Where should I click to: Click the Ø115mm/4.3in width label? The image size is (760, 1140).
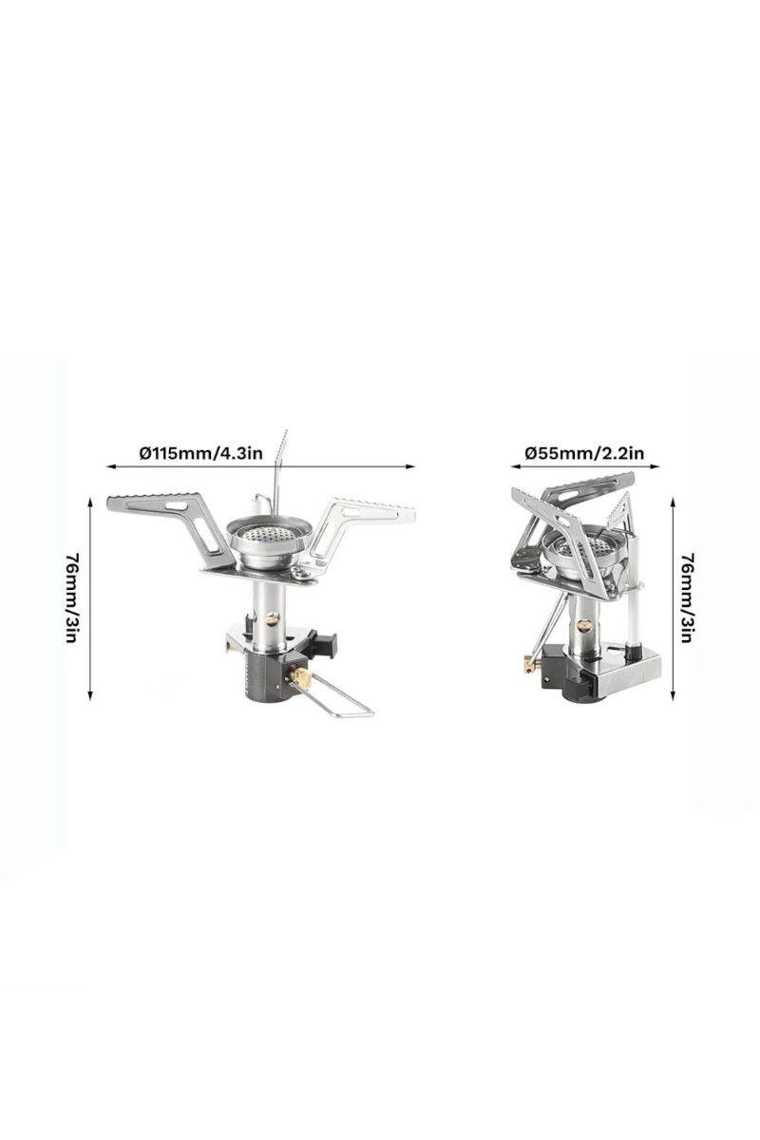201,452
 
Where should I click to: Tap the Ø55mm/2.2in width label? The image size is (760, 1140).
584,452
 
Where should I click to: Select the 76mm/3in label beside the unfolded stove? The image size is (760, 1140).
72,598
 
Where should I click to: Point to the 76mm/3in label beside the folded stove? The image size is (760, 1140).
687,598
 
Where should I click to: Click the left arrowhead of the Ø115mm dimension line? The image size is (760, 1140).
110,465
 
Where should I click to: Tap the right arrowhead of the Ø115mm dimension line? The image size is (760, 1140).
411,465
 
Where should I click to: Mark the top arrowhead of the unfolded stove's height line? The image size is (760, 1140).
90,503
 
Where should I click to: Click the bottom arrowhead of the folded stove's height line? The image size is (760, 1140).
673,695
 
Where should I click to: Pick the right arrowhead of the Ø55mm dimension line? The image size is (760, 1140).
655,465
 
